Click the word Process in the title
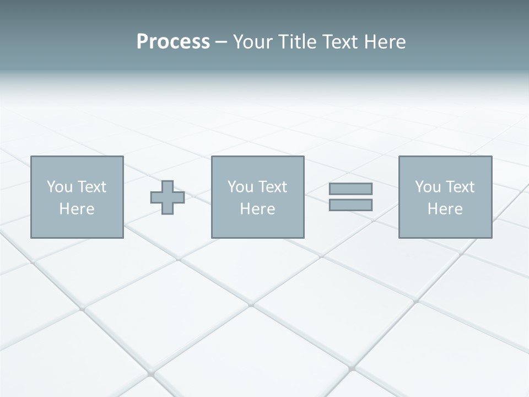coord(173,42)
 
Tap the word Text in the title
coord(340,42)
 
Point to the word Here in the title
coord(385,42)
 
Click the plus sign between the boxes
coord(168,197)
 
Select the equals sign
coord(350,197)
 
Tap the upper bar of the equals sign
coord(350,189)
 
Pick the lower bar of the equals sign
coord(350,205)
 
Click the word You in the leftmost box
coord(60,187)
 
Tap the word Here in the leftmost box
coord(77,209)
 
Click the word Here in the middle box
coord(257,209)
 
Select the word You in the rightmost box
coord(428,187)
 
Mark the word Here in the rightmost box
coord(445,209)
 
